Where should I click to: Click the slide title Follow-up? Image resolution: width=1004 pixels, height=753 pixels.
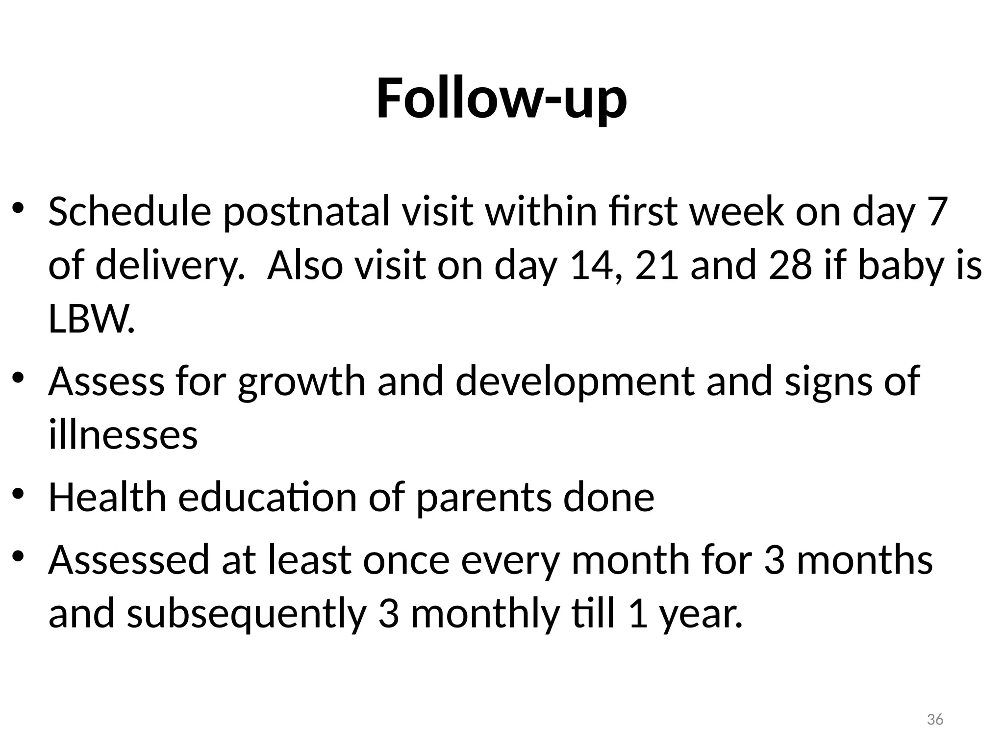(502, 100)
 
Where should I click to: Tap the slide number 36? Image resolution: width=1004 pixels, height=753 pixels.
(935, 720)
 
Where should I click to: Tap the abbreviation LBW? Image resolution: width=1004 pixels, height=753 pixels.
(91, 319)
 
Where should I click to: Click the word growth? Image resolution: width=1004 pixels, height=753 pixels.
(302, 382)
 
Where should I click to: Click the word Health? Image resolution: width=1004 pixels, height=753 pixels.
(107, 498)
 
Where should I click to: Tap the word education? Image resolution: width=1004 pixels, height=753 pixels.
(268, 498)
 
